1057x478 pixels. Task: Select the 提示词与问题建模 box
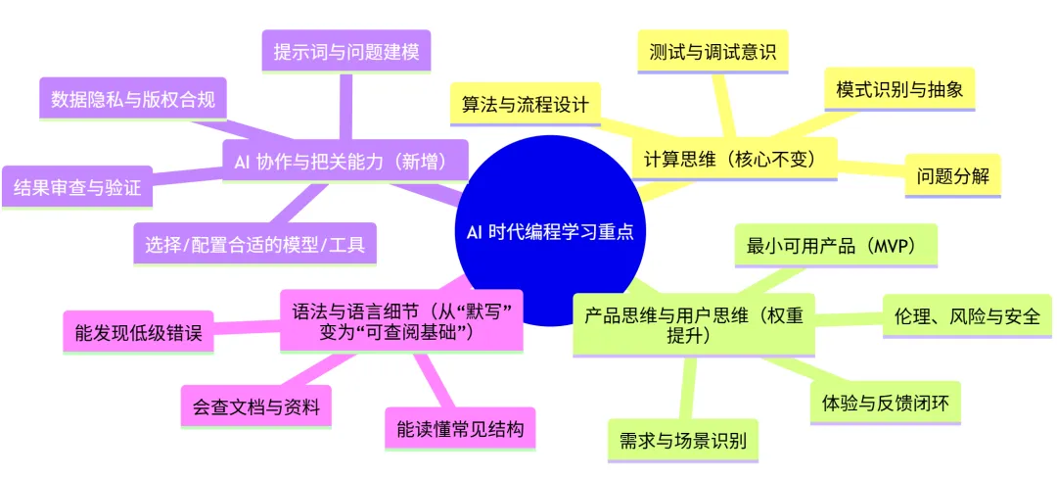[346, 51]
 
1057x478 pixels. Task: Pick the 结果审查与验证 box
[78, 187]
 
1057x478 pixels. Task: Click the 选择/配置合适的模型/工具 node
[254, 244]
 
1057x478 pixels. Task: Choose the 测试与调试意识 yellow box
[712, 52]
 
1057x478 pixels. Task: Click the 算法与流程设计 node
[525, 104]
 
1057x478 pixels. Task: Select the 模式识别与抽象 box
[899, 89]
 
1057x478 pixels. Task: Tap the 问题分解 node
[952, 177]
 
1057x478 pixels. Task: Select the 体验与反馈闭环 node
[886, 403]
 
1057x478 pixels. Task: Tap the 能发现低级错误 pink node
[138, 333]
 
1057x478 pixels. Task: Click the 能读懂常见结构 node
[460, 428]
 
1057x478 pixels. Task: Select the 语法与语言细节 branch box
[401, 320]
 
